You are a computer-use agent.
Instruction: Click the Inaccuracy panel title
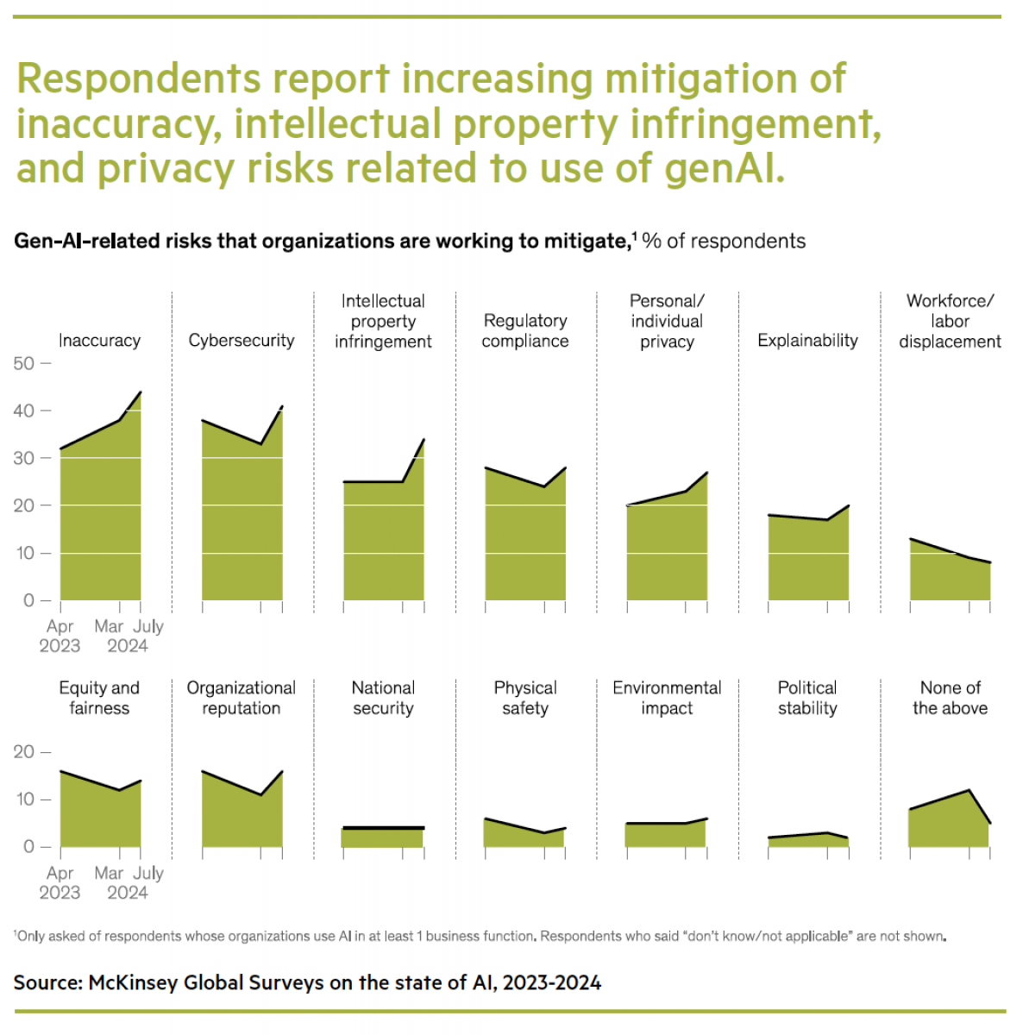[x=99, y=341]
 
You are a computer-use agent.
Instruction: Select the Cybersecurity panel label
[x=242, y=341]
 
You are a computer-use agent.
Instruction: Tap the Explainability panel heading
[x=807, y=341]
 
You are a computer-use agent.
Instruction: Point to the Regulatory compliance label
[x=525, y=330]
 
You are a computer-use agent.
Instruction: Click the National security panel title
[x=383, y=698]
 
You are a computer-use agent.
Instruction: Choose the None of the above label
[x=950, y=698]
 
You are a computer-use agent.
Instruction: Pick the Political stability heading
[x=807, y=698]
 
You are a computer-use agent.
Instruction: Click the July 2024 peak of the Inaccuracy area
[x=141, y=392]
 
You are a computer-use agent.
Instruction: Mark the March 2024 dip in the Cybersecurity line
[x=261, y=444]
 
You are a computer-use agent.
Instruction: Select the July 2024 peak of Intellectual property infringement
[x=424, y=440]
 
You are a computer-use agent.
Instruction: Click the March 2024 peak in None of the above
[x=969, y=790]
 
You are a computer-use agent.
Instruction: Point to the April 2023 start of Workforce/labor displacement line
[x=911, y=539]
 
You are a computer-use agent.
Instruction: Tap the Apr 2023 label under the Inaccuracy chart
[x=60, y=636]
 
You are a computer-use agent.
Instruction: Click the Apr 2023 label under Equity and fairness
[x=60, y=882]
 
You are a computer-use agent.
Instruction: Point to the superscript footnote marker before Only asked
[x=16, y=934]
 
